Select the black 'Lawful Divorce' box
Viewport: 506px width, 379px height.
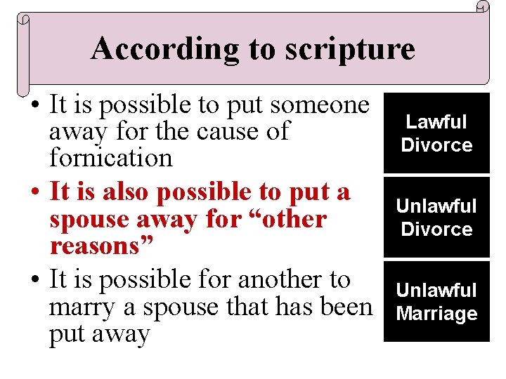tap(436, 133)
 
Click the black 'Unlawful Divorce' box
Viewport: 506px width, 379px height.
tap(436, 217)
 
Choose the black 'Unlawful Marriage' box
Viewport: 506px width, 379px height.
tap(436, 302)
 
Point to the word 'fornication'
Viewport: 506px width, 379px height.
tap(110, 158)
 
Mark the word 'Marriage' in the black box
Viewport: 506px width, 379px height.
tap(436, 314)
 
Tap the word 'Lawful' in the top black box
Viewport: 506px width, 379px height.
tap(436, 122)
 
